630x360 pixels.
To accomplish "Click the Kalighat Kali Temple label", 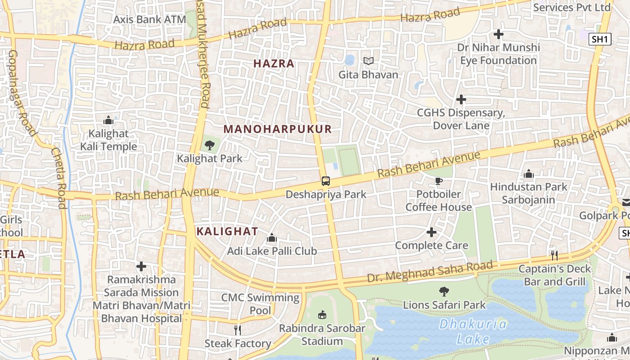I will point(108,140).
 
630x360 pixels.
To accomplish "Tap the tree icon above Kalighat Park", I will point(209,145).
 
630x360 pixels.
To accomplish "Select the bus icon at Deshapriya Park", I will point(326,181).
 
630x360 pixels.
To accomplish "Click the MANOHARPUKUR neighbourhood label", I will point(277,129).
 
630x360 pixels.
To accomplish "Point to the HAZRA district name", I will point(274,63).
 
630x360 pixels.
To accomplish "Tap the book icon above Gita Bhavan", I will point(368,61).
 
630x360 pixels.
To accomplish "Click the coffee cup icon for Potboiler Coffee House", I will point(439,181).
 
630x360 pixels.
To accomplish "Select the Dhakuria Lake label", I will point(472,331).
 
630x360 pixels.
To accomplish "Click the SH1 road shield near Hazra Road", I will point(600,39).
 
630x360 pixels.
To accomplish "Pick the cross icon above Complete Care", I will point(431,232).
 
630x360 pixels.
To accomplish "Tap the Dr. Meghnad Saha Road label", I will point(430,271).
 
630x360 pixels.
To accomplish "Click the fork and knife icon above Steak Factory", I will point(238,330).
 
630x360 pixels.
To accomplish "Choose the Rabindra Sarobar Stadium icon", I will point(322,315).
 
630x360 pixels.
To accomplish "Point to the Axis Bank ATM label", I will point(149,19).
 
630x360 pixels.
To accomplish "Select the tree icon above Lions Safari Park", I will point(444,292).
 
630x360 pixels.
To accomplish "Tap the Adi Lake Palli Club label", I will point(272,251).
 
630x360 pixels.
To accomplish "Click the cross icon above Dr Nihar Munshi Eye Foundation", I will point(498,34).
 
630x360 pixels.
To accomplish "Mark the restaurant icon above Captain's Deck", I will point(554,255).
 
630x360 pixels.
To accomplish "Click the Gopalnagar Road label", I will point(21,92).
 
